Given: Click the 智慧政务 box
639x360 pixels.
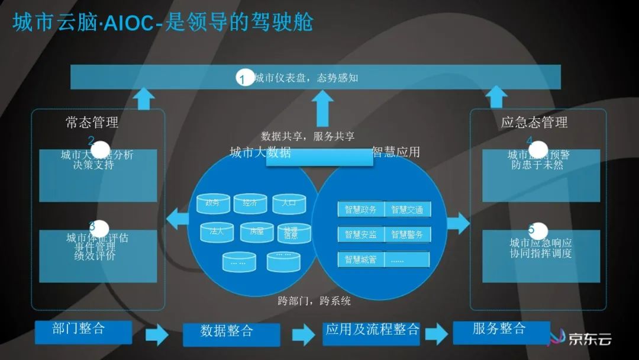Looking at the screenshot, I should pyautogui.click(x=360, y=210).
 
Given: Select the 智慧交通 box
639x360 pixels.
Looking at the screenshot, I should pyautogui.click(x=407, y=210).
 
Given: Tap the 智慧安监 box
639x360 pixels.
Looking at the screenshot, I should pyautogui.click(x=360, y=234).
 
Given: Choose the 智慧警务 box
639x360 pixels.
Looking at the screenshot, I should pyautogui.click(x=407, y=234).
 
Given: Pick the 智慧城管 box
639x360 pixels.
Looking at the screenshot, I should pyautogui.click(x=360, y=259).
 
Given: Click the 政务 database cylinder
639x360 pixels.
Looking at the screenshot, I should pyautogui.click(x=213, y=204).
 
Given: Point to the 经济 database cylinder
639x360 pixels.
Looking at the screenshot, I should pyautogui.click(x=250, y=204).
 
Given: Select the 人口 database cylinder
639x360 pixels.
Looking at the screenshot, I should pyautogui.click(x=289, y=204).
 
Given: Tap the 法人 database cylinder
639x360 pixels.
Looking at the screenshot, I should pyautogui.click(x=217, y=232).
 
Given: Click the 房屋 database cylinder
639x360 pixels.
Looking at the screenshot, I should pyautogui.click(x=256, y=232).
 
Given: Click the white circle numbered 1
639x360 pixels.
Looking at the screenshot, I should pyautogui.click(x=245, y=78).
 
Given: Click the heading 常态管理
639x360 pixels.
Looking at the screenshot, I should pyautogui.click(x=92, y=123).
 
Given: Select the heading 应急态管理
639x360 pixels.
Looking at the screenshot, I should pyautogui.click(x=534, y=123).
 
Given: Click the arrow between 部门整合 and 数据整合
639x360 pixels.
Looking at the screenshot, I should pyautogui.click(x=157, y=335).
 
